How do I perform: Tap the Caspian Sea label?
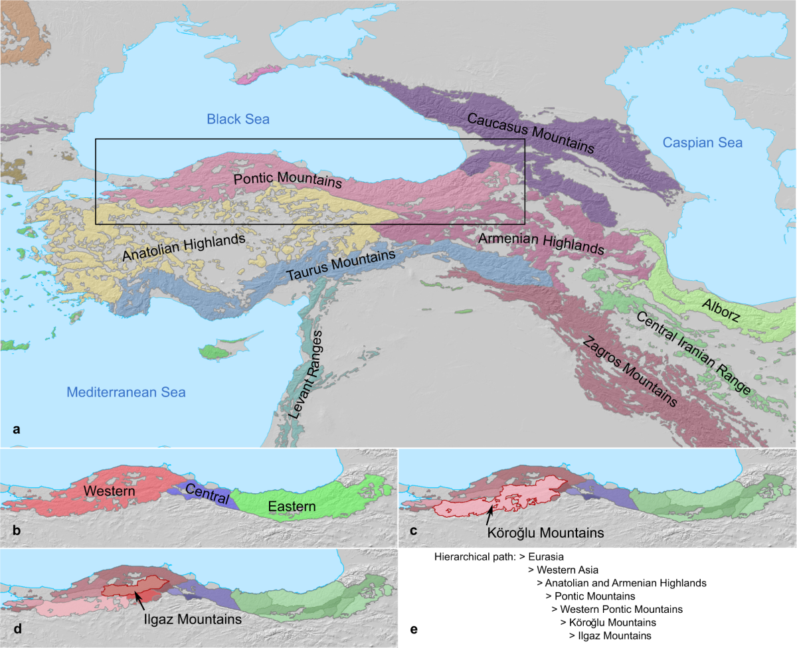click(702, 143)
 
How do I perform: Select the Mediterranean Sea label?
click(126, 392)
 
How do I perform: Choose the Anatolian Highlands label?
click(184, 248)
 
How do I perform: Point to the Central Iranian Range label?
click(693, 352)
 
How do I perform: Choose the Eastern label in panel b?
click(292, 507)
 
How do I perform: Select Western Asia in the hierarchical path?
click(563, 570)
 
